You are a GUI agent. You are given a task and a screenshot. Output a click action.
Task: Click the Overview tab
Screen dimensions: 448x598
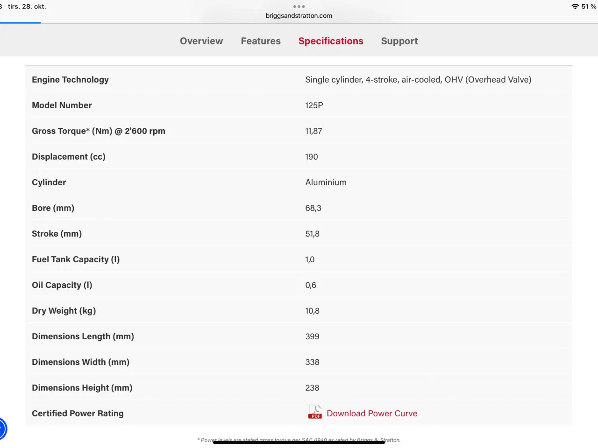201,41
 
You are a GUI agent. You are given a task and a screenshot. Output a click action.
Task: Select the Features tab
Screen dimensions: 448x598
261,41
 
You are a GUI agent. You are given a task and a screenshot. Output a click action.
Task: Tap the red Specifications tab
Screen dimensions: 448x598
331,41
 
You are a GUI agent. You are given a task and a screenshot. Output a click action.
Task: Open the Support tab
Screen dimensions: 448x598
399,41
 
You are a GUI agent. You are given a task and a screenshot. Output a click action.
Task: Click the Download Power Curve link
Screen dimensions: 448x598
372,413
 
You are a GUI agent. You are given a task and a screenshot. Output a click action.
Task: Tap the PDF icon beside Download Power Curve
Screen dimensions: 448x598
315,412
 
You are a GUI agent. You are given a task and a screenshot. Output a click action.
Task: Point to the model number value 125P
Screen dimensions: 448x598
314,105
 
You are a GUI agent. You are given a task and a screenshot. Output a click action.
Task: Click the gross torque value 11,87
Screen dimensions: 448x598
313,131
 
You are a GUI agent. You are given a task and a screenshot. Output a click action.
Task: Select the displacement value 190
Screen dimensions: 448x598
312,157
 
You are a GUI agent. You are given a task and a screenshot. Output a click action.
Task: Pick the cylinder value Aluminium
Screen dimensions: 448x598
326,182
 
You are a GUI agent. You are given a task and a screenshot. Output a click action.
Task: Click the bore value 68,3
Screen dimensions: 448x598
313,208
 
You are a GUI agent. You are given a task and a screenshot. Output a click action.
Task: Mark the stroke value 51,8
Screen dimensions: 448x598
312,234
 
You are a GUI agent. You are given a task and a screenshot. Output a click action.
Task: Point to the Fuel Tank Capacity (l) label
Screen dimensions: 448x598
76,259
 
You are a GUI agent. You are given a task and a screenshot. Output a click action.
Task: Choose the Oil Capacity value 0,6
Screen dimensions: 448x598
311,285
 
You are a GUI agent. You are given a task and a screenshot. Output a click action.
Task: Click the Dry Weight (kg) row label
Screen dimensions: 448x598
64,311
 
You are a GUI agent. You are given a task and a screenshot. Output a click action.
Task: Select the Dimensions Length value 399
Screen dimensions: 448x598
312,336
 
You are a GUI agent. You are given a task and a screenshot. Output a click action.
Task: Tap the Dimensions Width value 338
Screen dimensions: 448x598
312,362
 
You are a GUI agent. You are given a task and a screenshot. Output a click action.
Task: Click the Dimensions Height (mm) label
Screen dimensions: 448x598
82,388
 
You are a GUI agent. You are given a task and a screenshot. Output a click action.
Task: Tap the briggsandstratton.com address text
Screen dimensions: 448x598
299,16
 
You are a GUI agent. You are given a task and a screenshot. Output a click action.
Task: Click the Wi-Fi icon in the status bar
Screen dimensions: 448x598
575,7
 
